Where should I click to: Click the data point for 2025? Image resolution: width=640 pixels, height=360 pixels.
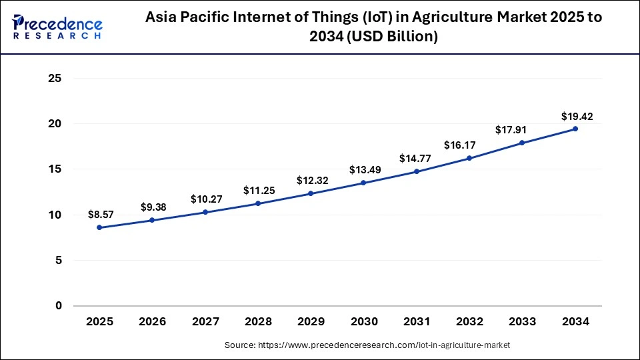(x=99, y=227)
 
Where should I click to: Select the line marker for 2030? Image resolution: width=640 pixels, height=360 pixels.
(x=363, y=183)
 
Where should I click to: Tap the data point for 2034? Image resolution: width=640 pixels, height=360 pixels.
(x=575, y=129)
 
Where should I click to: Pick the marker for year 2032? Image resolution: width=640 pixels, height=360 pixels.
(x=469, y=158)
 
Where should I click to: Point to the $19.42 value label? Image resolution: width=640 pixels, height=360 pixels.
(x=576, y=117)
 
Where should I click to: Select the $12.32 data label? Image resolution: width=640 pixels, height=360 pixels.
(x=311, y=181)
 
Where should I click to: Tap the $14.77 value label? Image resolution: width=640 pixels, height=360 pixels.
(x=417, y=159)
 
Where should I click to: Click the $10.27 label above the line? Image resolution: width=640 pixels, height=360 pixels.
(x=205, y=199)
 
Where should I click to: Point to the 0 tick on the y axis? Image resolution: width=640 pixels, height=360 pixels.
(x=58, y=306)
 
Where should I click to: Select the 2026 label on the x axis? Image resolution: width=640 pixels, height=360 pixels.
(x=152, y=322)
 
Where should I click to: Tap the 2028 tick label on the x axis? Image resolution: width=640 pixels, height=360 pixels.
(x=258, y=322)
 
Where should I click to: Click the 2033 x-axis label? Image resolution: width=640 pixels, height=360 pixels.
(x=523, y=322)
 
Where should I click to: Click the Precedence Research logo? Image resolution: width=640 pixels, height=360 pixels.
(x=57, y=27)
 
